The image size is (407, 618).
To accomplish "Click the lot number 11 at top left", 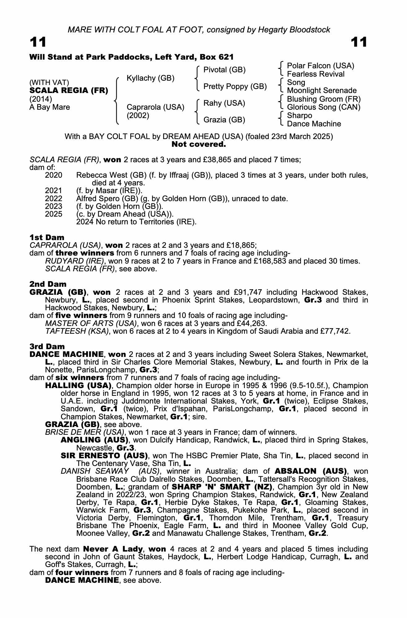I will click(38, 42).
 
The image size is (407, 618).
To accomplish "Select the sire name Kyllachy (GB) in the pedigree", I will click(150, 78).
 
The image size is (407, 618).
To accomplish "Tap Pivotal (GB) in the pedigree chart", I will click(224, 70).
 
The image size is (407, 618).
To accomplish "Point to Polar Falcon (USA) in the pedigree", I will click(321, 66).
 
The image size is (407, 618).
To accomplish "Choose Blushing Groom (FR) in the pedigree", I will click(324, 99).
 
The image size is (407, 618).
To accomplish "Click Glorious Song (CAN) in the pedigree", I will click(324, 107).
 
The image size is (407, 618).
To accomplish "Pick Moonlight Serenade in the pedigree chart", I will click(322, 91).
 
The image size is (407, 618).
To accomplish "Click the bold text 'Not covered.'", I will click(199, 144).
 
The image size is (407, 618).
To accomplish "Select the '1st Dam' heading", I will click(47, 237).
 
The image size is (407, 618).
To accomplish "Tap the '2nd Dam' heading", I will click(48, 284).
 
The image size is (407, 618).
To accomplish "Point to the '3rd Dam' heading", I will click(47, 346).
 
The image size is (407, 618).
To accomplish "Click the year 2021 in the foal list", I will click(54, 191).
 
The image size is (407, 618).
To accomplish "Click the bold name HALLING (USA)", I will click(78, 386).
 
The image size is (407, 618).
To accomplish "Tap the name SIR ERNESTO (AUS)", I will click(104, 456).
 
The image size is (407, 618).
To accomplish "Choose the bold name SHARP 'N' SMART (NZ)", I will click(222, 487).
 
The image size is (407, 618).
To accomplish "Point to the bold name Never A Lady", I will click(113, 549).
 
